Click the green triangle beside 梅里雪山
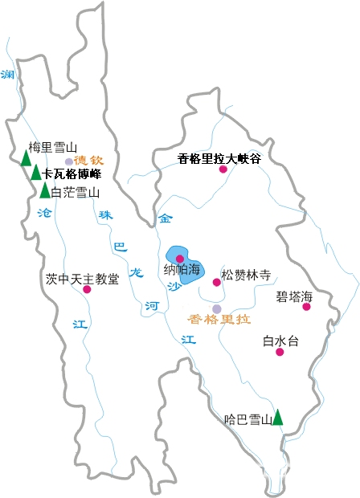[x=27, y=158]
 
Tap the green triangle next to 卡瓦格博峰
[x=36, y=173]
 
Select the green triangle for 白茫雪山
[x=44, y=191]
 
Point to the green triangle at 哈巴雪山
[x=277, y=417]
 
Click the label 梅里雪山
[x=52, y=147]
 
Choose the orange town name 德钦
[x=89, y=161]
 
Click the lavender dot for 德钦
[x=69, y=161]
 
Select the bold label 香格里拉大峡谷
[x=219, y=158]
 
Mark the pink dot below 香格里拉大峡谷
[x=223, y=169]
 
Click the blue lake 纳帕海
[x=186, y=266]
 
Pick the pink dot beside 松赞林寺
[x=216, y=282]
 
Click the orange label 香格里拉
[x=219, y=319]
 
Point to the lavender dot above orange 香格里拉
[x=216, y=308]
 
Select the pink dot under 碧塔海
[x=306, y=306]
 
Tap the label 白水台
[x=280, y=341]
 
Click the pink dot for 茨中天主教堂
[x=87, y=289]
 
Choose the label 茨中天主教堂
[x=83, y=279]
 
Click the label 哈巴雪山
[x=247, y=419]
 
